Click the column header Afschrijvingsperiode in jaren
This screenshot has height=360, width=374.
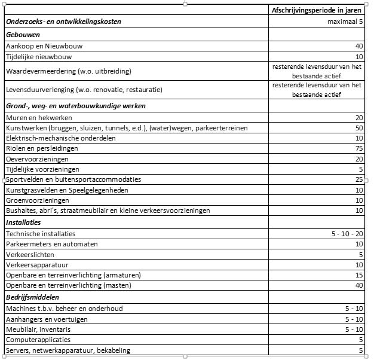(x=316, y=10)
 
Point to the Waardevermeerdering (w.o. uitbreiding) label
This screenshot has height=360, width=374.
(x=68, y=71)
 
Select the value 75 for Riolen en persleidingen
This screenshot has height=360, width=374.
(x=358, y=148)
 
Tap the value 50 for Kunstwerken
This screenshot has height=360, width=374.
(x=358, y=128)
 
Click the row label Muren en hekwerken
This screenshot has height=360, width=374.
(x=35, y=118)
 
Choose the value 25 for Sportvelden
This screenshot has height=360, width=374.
(x=358, y=179)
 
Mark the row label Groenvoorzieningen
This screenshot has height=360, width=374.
(x=33, y=200)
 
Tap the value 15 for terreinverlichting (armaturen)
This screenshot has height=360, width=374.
(x=358, y=275)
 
